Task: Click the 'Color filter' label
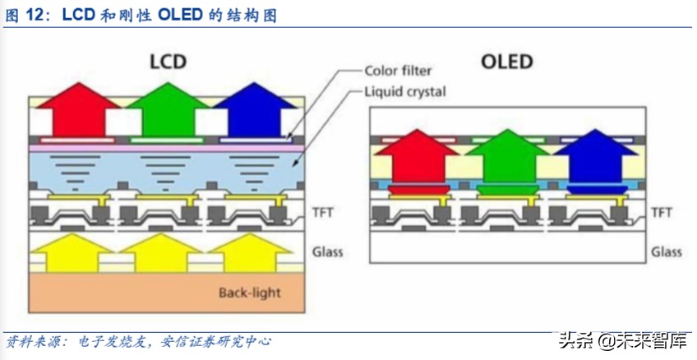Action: click(x=398, y=71)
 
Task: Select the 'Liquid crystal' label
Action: click(x=404, y=91)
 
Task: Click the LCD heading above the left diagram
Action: click(x=168, y=62)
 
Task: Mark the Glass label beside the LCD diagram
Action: click(x=328, y=252)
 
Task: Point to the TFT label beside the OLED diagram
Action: click(x=662, y=213)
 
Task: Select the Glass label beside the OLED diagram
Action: click(x=667, y=252)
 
